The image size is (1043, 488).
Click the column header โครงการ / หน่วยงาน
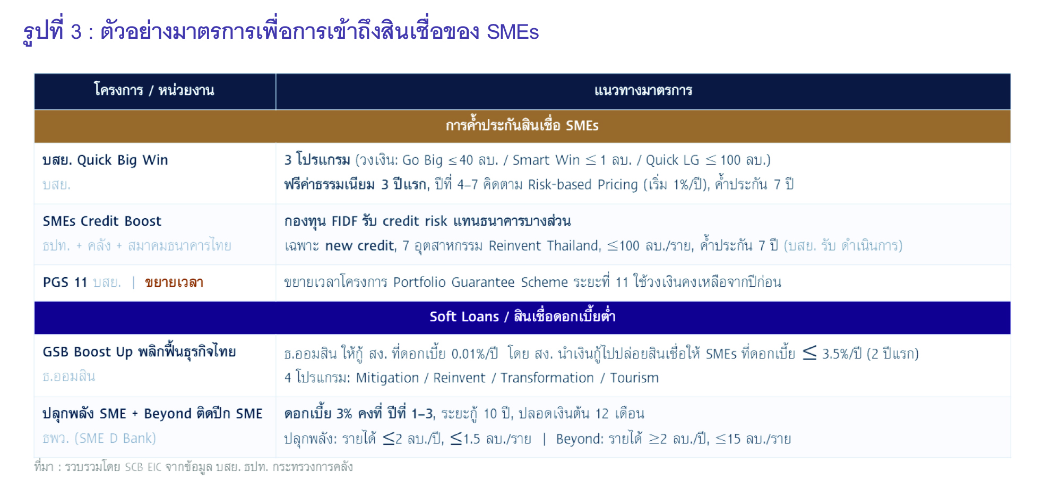(x=154, y=90)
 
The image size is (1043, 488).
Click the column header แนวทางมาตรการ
(x=643, y=91)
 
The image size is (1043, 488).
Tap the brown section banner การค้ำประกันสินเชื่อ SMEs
(x=522, y=125)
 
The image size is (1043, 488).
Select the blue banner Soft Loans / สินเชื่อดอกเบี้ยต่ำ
(x=522, y=316)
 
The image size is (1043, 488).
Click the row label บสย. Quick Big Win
(x=105, y=160)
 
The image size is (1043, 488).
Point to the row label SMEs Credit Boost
(x=102, y=221)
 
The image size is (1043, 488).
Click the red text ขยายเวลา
(x=174, y=282)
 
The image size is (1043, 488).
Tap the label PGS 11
(x=65, y=282)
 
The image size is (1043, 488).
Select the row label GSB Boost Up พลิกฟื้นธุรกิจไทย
(x=139, y=351)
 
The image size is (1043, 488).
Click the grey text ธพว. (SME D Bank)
(x=99, y=438)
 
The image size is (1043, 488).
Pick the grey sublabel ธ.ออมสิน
(x=69, y=376)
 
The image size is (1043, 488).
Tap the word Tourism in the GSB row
(x=634, y=378)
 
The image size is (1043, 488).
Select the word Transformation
(x=547, y=378)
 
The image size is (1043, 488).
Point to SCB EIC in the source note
(x=143, y=467)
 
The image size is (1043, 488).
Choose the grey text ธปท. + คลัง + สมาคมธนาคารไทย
(x=137, y=245)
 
